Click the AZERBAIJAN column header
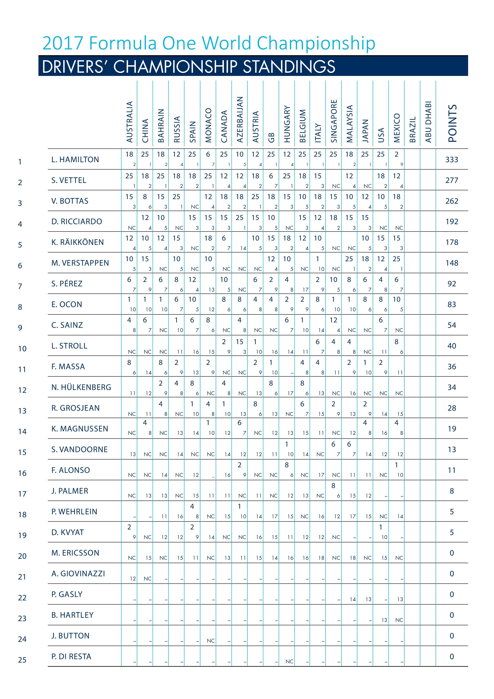[x=240, y=119]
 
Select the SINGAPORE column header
[x=334, y=121]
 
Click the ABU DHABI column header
[x=428, y=122]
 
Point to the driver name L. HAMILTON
[x=75, y=160]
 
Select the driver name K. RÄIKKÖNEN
[x=78, y=242]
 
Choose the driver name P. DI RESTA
[x=71, y=656]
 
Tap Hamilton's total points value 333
[x=452, y=160]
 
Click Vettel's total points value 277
[x=452, y=180]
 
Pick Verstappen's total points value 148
[x=452, y=263]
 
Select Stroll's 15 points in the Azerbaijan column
[x=240, y=342]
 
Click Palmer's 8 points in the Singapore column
[x=333, y=486]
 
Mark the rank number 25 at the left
[x=22, y=660]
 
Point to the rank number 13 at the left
[x=22, y=411]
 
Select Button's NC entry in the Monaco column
[x=211, y=641]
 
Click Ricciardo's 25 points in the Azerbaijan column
[x=240, y=218]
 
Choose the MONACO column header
[x=208, y=125]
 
